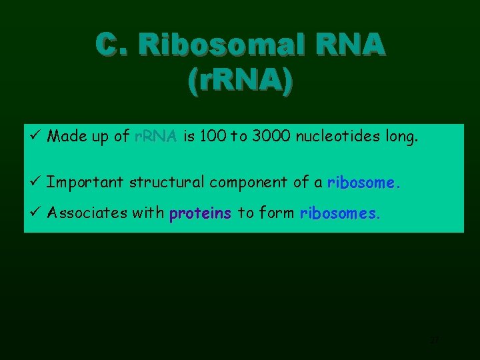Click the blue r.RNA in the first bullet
tap(155, 137)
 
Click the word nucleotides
tap(335, 137)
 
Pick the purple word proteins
tap(201, 213)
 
